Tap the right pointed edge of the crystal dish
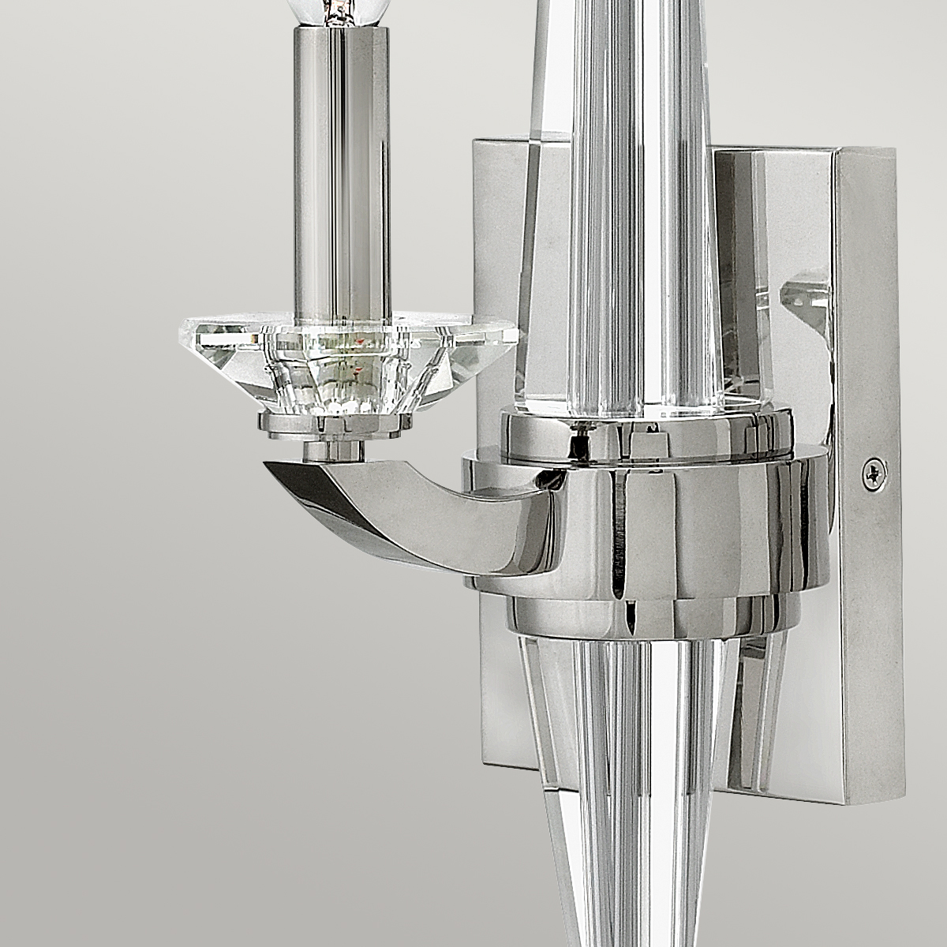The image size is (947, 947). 517,335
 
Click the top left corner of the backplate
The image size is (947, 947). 474,141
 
